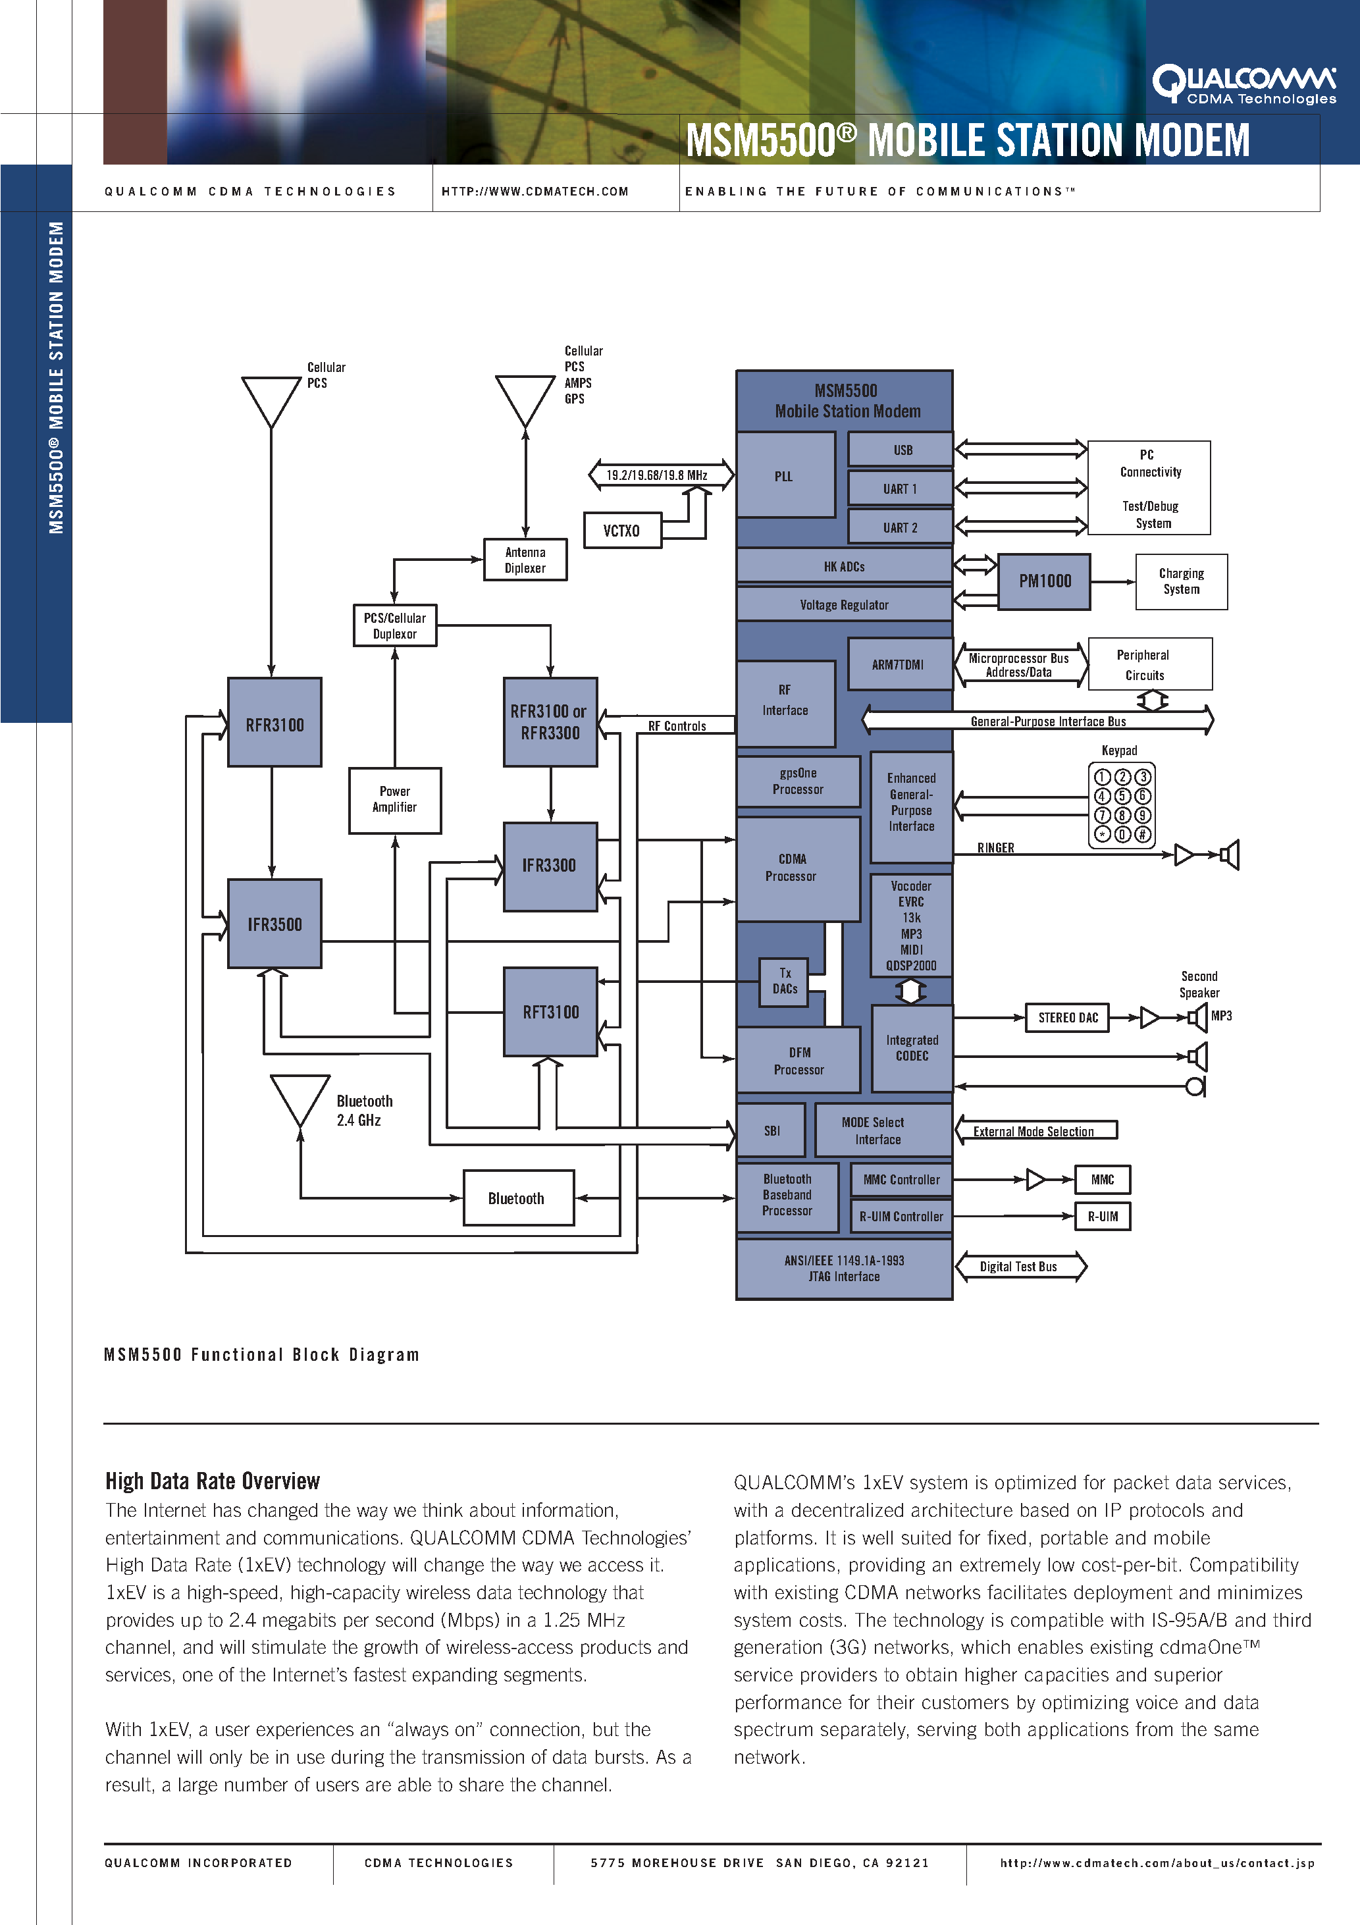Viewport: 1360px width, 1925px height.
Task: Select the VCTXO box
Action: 622,531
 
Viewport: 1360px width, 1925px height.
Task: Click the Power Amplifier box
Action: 395,800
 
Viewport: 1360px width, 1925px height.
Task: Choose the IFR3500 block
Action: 275,924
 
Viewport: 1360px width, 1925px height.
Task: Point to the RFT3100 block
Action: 550,1012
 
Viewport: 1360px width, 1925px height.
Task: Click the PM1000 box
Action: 1044,581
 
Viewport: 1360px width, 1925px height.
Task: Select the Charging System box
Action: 1182,581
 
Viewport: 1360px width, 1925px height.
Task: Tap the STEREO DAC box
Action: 1067,1018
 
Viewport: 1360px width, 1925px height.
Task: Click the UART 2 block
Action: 901,527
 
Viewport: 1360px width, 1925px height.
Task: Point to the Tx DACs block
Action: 784,982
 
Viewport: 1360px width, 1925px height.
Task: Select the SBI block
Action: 772,1130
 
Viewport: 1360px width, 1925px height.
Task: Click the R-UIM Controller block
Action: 901,1217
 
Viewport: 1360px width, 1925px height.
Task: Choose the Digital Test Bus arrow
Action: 1020,1266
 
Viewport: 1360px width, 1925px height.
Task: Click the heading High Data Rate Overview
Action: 213,1481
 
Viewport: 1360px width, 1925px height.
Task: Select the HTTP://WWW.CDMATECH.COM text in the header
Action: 535,191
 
